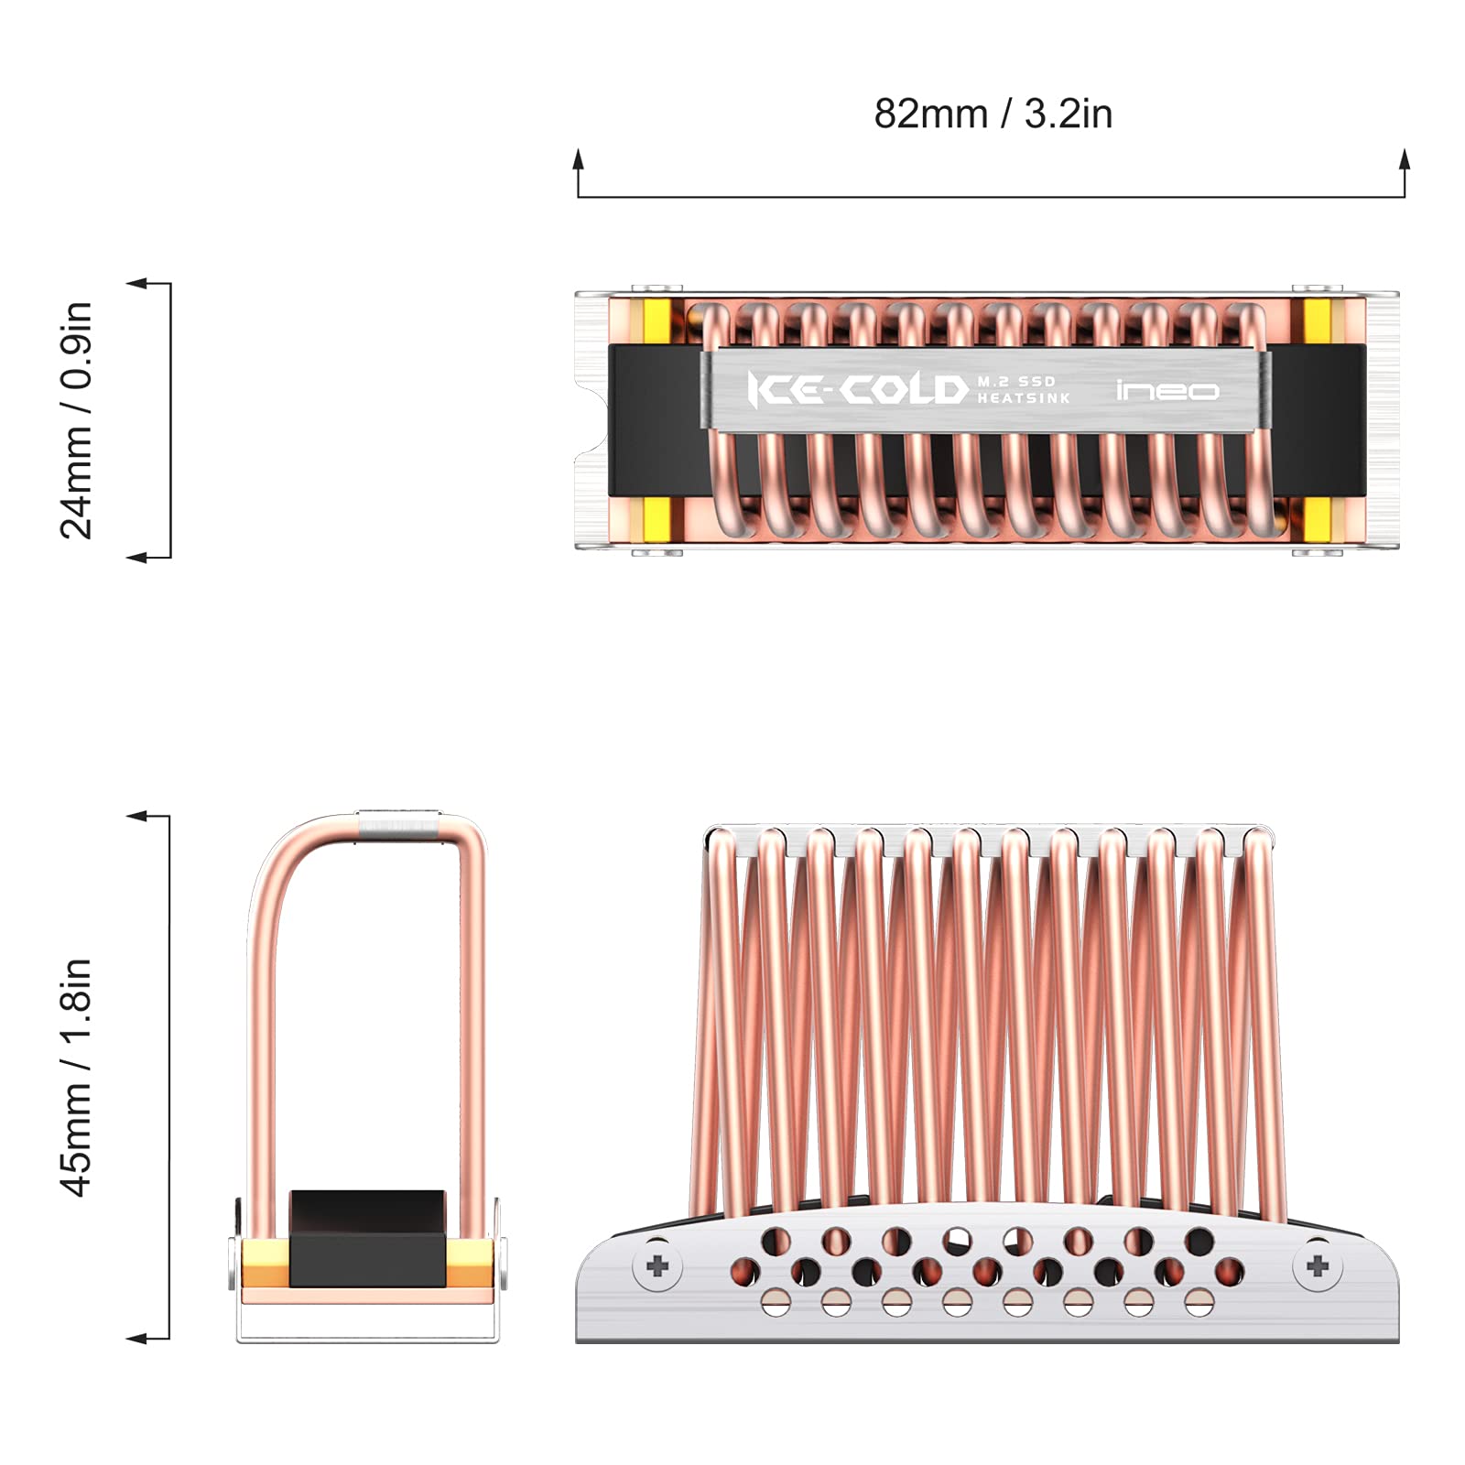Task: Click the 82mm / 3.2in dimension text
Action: (993, 114)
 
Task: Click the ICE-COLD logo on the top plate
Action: (857, 390)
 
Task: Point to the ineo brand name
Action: (1167, 391)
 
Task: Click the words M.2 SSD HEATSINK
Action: (1022, 390)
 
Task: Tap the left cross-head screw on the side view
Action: (657, 1267)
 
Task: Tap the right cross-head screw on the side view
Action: (1318, 1266)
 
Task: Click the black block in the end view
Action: (367, 1238)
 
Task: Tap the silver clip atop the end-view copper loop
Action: (398, 822)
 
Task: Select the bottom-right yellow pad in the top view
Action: (1317, 518)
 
